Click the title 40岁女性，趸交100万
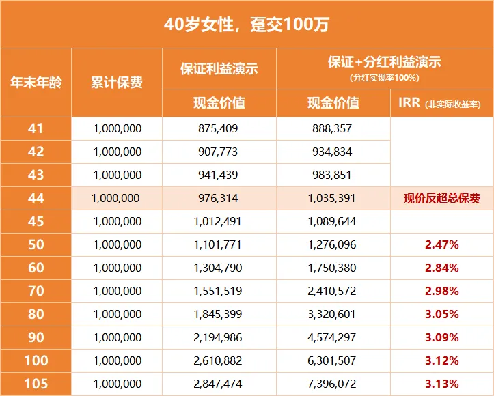247,25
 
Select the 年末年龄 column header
36,83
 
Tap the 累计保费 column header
117,83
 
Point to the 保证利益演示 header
219,69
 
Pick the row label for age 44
36,199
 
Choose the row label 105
36,384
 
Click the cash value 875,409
219,128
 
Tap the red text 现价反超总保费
441,199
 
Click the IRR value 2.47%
441,244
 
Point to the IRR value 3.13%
441,384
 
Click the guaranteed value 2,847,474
219,384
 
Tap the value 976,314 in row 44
219,199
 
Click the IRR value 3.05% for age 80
441,314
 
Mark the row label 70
36,291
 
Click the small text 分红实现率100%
384,78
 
